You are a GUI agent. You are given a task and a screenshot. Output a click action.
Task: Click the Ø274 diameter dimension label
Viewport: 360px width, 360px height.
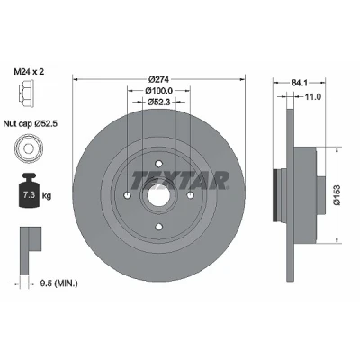[159, 79]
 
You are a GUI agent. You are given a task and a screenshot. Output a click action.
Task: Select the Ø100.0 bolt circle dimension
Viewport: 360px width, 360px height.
[159, 90]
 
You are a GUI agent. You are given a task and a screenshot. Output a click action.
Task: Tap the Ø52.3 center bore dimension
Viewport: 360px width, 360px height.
[159, 103]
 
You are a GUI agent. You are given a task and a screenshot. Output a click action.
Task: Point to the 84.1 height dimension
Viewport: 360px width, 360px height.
[299, 83]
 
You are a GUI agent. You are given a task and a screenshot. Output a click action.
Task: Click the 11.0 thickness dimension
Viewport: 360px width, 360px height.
[313, 96]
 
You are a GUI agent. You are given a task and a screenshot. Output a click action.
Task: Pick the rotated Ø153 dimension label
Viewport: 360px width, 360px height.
[337, 195]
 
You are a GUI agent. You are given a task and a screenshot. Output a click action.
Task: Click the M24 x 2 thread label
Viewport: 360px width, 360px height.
[29, 72]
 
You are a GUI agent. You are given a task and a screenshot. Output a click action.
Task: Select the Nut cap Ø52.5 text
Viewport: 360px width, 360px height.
[30, 123]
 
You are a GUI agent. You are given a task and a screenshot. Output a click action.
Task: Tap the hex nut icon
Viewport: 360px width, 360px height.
[27, 94]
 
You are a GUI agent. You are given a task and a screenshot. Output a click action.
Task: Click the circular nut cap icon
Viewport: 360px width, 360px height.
[28, 148]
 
